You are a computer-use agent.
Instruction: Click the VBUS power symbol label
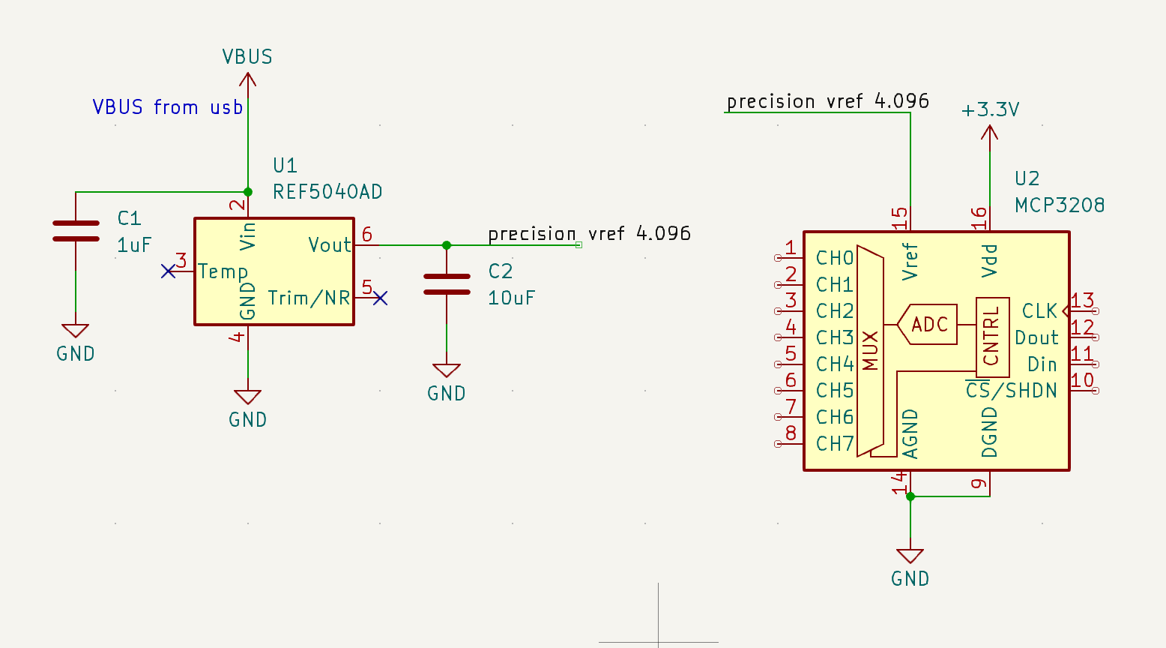(247, 57)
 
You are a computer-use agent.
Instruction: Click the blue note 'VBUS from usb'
(167, 107)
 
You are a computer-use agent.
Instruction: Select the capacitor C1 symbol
(76, 231)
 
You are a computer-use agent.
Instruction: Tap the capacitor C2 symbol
(447, 284)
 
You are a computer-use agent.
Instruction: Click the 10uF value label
(511, 298)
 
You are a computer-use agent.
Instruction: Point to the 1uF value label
(134, 245)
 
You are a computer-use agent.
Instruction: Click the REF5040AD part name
(327, 192)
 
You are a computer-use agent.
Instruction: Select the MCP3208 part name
(1060, 205)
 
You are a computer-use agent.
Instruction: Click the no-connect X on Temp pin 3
(168, 271)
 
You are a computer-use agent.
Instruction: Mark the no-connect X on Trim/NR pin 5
(381, 298)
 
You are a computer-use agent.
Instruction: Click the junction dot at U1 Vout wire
(447, 245)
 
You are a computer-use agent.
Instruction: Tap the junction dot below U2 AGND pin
(910, 496)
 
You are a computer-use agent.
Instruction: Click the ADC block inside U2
(929, 325)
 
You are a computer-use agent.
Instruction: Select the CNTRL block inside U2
(992, 337)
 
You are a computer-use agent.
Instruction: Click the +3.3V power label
(990, 110)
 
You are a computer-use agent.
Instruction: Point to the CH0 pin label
(835, 258)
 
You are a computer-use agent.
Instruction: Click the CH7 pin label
(835, 444)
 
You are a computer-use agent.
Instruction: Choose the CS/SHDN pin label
(1012, 391)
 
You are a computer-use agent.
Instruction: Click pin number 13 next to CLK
(1082, 301)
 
